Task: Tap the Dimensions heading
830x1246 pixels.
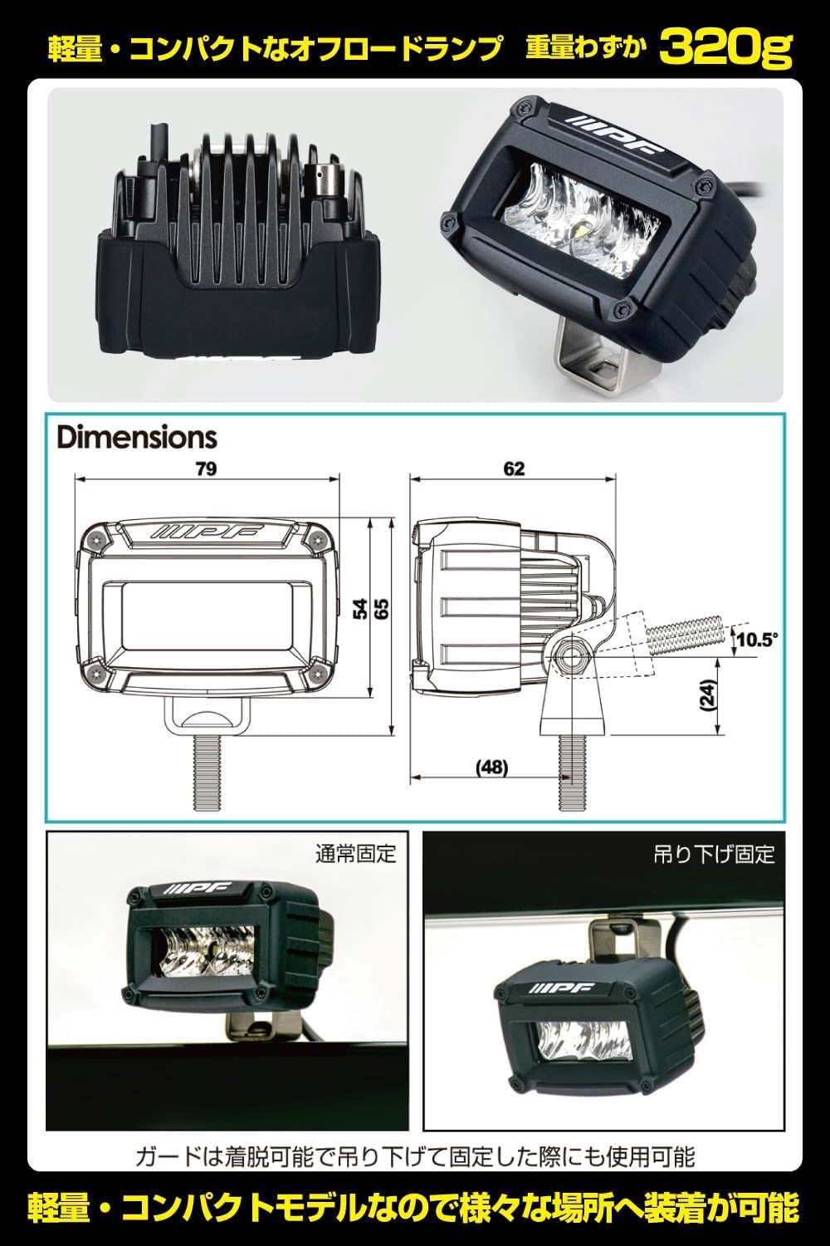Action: click(x=137, y=437)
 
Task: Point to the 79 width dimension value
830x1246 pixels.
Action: click(x=207, y=468)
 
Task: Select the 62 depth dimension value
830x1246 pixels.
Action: click(x=514, y=468)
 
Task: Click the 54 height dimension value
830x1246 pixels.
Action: click(x=359, y=609)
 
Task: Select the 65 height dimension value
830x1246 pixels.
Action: click(x=382, y=609)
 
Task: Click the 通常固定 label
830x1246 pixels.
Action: click(x=356, y=853)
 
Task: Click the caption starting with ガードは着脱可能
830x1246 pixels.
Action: click(x=415, y=1155)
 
